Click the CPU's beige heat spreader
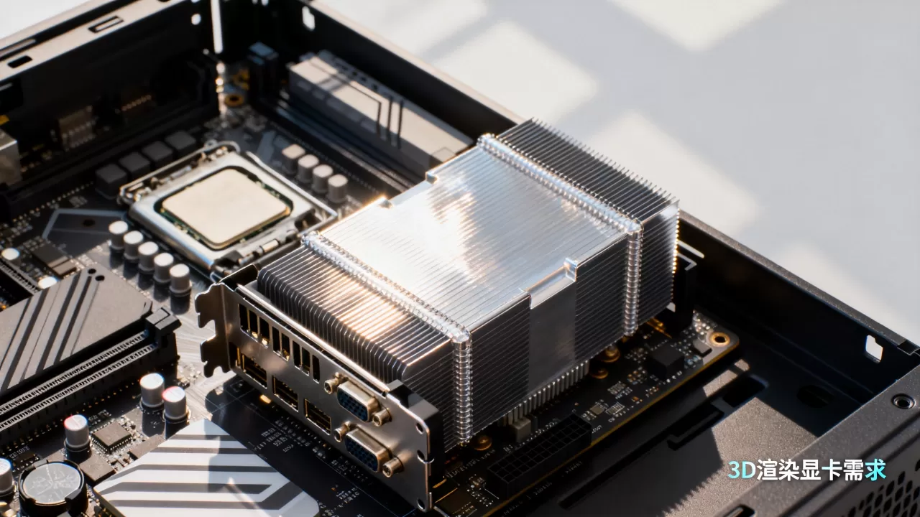coord(225,208)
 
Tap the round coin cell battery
coord(52,488)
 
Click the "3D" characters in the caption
coord(742,470)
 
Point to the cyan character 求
coord(875,470)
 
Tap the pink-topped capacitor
coord(175,404)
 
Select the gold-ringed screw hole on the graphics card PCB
coord(719,338)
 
